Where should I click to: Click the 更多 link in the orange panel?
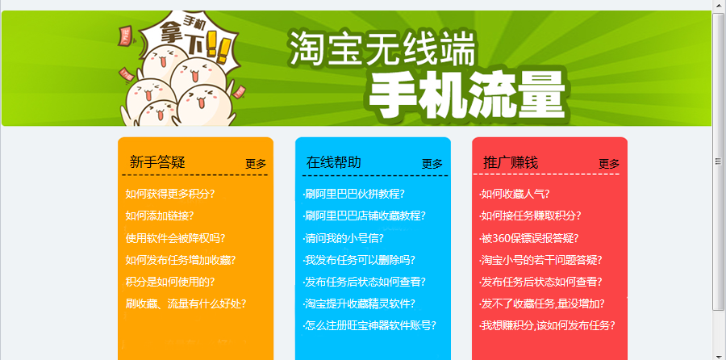click(256, 164)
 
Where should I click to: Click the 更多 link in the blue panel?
click(432, 164)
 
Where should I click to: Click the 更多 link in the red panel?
click(609, 164)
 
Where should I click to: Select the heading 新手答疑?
click(157, 162)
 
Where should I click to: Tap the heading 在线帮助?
click(333, 162)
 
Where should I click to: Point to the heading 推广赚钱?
click(511, 162)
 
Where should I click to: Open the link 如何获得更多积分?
click(170, 194)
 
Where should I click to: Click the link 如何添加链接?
click(159, 216)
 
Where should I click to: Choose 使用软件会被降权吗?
click(175, 238)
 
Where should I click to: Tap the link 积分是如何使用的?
click(170, 282)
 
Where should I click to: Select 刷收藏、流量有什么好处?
click(186, 304)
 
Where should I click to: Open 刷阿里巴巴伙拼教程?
click(354, 194)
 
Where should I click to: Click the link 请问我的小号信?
click(343, 238)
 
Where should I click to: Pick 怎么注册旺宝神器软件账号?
click(369, 325)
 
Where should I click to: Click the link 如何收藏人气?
click(515, 194)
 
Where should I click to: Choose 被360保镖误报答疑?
click(528, 238)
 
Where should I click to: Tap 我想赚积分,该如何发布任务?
click(547, 325)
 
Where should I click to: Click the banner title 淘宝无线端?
click(382, 48)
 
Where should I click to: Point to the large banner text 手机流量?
click(468, 96)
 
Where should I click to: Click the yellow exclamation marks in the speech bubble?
click(217, 44)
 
